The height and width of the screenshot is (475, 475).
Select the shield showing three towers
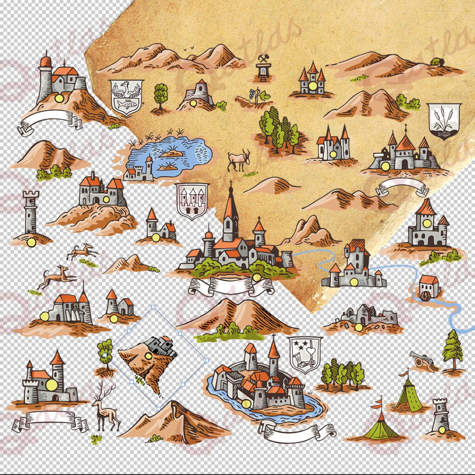pyautogui.click(x=192, y=200)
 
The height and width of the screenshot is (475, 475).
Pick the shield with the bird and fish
pyautogui.click(x=126, y=97)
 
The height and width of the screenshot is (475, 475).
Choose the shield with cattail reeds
pyautogui.click(x=443, y=120)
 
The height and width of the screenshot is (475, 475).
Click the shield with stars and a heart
pyautogui.click(x=305, y=353)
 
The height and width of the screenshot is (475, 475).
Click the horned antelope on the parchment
pyautogui.click(x=238, y=160)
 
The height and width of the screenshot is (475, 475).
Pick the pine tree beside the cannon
pyautogui.click(x=452, y=350)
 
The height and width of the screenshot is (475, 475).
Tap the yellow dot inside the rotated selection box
pyautogui.click(x=148, y=356)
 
